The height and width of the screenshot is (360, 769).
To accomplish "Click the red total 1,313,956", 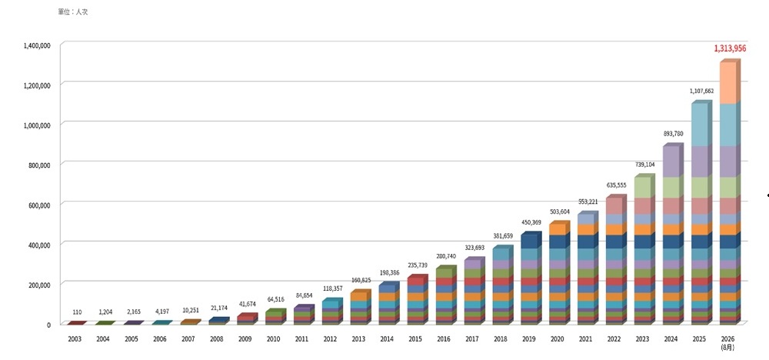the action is pos(730,48).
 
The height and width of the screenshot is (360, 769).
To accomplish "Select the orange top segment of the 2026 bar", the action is pos(728,82).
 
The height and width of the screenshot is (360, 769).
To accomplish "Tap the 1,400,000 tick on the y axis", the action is pos(37,45).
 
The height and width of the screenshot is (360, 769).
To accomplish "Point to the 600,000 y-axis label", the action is pos(40,205).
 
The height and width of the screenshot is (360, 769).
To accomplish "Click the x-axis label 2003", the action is pos(75,339).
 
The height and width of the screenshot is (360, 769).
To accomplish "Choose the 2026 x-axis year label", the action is pos(728,339).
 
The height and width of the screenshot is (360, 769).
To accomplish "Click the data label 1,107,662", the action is pos(700,91).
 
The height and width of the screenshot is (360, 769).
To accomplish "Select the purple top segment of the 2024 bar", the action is pos(671,162).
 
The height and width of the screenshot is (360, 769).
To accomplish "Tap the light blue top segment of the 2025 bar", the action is pos(700,125).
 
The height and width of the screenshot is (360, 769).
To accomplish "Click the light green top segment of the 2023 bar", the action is pos(643,188).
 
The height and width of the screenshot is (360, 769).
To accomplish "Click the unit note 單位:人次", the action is pos(72,12).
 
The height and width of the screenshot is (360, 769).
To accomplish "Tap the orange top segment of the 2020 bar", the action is pos(558,229).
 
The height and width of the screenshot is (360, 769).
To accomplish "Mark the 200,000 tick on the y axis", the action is pos(40,285).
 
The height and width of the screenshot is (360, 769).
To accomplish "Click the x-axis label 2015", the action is pos(415,339).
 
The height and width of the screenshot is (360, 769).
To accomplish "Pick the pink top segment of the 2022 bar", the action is pos(614,205).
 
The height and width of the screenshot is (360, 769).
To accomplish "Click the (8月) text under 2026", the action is pos(728,347).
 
